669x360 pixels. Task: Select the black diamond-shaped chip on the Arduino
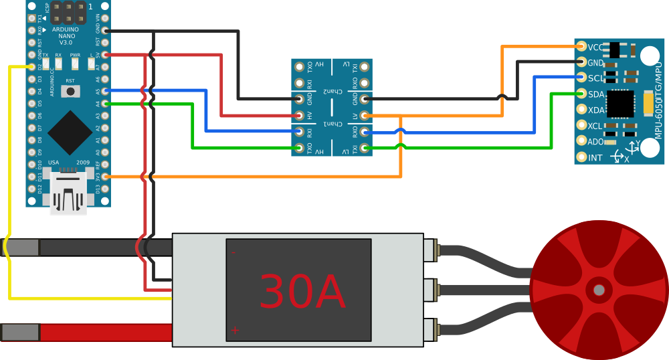70,132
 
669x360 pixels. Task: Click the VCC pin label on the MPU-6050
595,47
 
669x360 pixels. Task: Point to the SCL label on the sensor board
595,78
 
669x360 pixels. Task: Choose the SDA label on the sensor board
596,94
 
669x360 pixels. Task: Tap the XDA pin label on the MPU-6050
596,110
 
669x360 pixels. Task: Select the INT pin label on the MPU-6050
595,158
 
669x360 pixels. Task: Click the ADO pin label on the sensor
595,142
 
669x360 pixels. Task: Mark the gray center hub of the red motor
599,290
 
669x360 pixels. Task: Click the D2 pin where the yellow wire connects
31,67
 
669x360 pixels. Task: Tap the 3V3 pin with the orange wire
105,177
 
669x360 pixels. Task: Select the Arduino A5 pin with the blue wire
105,91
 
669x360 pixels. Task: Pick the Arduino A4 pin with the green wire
105,103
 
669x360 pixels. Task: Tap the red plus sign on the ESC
235,330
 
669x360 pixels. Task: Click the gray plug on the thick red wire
20,333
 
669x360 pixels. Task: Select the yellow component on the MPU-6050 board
648,103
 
